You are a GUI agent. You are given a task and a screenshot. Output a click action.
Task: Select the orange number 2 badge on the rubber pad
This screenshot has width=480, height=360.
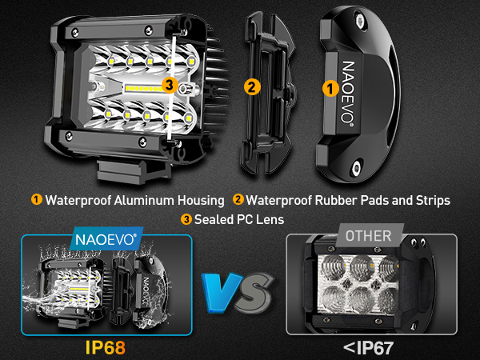(x=250, y=86)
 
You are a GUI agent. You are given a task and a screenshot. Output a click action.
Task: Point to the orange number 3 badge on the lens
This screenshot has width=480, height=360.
(x=168, y=83)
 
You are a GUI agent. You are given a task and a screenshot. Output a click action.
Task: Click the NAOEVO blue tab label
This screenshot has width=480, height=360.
(x=108, y=238)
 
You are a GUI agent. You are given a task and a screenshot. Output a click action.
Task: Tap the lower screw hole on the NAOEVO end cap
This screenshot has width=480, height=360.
(x=354, y=166)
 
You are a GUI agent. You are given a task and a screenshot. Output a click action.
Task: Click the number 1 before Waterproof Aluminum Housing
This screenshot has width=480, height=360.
(x=37, y=198)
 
